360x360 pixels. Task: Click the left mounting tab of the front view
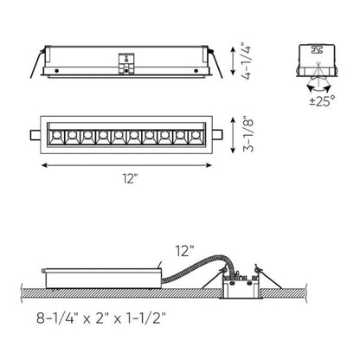[x=32, y=136]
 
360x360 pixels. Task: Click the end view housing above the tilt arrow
[x=314, y=55]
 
